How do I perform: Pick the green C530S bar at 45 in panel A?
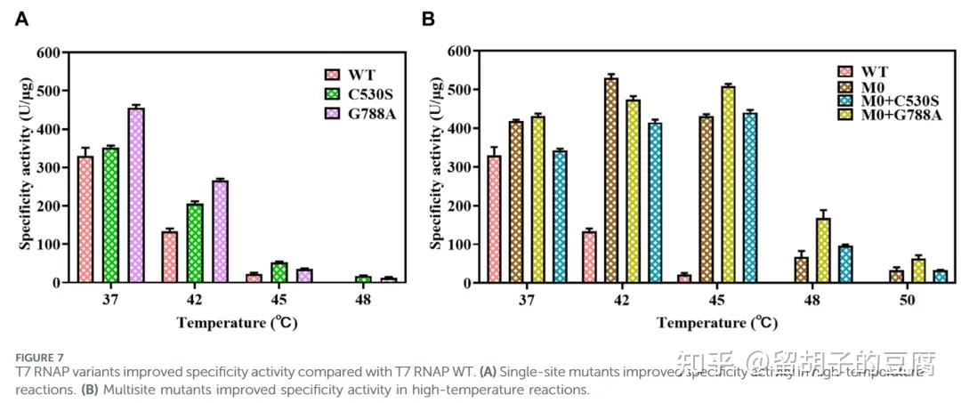coord(279,272)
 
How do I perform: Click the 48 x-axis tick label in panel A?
coord(362,301)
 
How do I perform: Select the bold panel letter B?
coord(428,19)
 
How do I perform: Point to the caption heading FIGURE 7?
coord(39,358)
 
